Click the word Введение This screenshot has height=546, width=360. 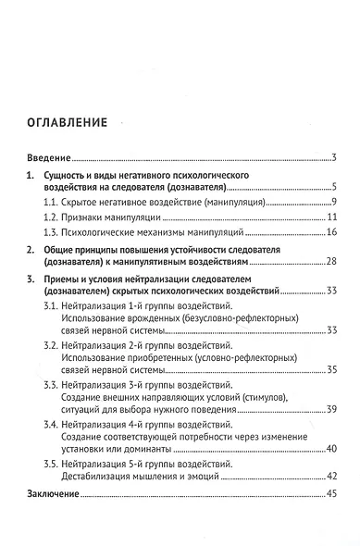pyautogui.click(x=48, y=156)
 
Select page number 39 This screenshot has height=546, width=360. pyautogui.click(x=329, y=409)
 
